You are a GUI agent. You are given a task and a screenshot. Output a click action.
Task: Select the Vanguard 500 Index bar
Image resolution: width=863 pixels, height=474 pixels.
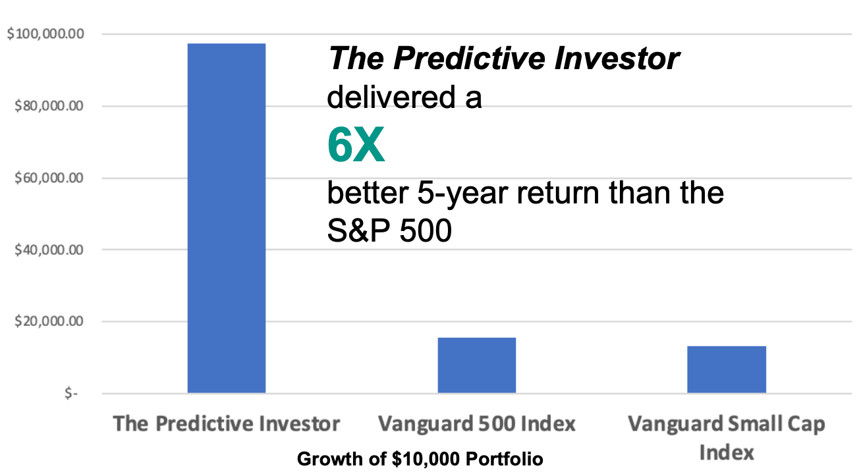476,365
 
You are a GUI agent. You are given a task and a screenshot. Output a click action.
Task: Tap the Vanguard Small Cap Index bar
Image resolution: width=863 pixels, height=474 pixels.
726,369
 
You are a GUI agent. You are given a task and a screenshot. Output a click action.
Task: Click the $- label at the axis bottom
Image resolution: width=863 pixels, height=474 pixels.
70,394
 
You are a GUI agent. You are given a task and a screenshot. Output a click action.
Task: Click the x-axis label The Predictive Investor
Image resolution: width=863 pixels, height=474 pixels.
226,423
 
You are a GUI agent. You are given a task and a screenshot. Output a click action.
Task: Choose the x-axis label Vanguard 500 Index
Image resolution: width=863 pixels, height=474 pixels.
476,423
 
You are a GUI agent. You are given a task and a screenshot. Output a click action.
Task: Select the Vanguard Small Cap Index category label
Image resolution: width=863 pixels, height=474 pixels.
726,437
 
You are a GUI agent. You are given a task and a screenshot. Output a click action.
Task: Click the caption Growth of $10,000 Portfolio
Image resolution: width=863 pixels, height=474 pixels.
420,459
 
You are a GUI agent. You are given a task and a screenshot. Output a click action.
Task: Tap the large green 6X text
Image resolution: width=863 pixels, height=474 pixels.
356,146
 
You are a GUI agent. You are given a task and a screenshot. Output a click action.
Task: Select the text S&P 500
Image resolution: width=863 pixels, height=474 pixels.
389,232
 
